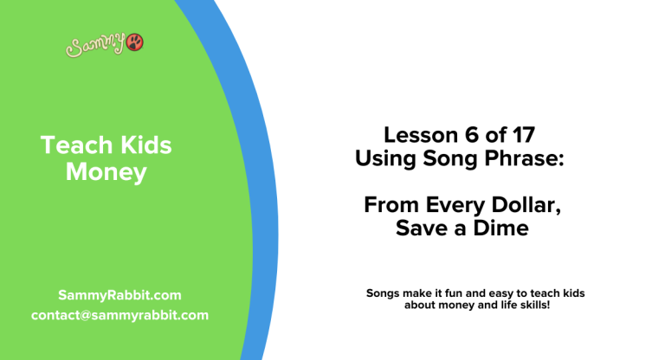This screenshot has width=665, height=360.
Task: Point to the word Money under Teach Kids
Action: [x=107, y=172]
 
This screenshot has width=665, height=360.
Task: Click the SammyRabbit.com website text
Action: [x=119, y=295]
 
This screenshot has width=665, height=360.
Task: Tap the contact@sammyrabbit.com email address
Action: [x=119, y=315]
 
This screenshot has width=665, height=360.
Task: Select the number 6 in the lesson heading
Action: [x=466, y=136]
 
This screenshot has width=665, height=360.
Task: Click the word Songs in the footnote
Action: [x=384, y=294]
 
